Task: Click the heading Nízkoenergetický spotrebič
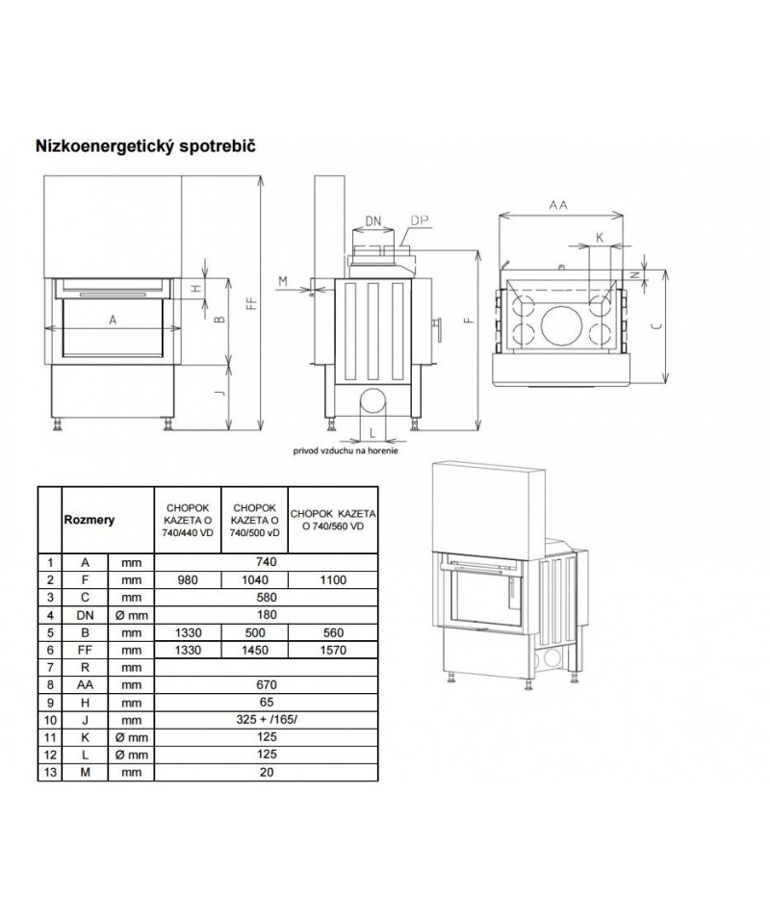[x=145, y=145]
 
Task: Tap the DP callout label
[x=419, y=220]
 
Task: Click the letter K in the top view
[x=600, y=237]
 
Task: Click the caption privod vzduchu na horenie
[x=346, y=449]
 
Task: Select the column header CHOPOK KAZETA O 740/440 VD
[x=187, y=519]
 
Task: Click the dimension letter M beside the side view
[x=283, y=281]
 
